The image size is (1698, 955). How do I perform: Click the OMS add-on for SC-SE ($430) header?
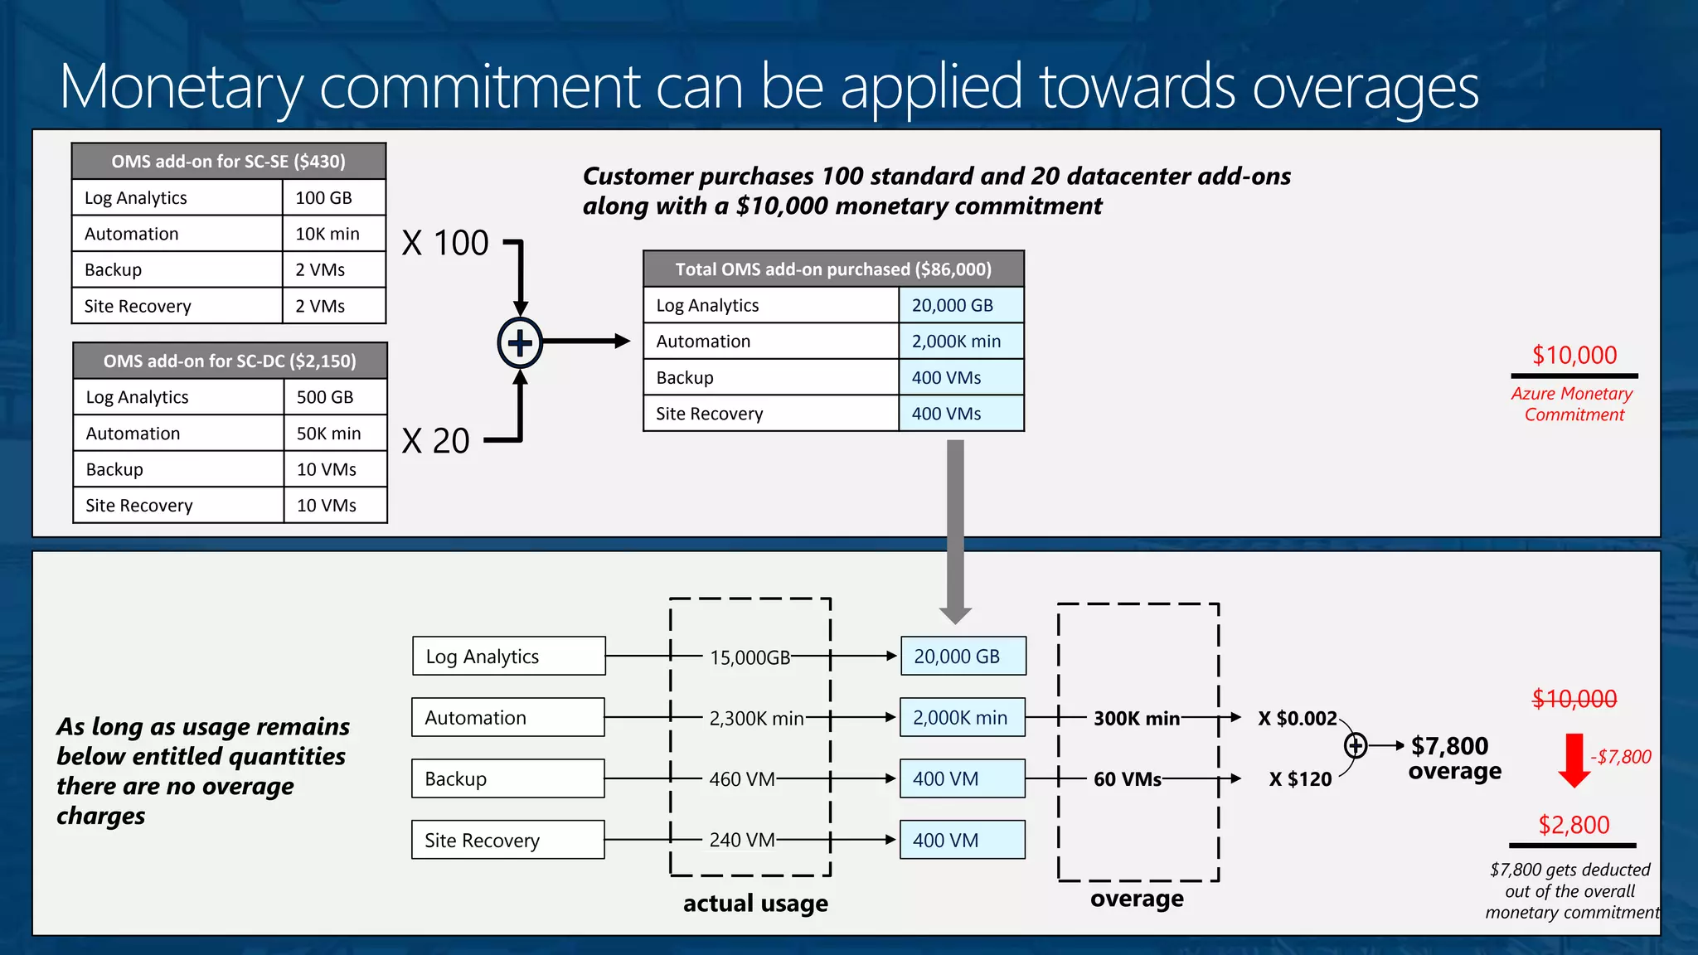[x=229, y=161]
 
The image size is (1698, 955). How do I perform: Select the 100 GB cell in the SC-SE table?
[x=324, y=197]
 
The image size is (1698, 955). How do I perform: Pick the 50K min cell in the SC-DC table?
[x=329, y=434]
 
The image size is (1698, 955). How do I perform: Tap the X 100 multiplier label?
[x=445, y=243]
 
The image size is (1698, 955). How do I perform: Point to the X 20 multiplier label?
[x=436, y=441]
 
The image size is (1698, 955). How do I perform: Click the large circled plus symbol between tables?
[x=520, y=342]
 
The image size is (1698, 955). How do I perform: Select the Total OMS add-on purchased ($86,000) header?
[x=833, y=269]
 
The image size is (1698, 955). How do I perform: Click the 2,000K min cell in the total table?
[x=957, y=341]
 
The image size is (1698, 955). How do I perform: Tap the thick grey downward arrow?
[x=955, y=531]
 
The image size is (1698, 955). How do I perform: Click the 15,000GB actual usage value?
[x=750, y=657]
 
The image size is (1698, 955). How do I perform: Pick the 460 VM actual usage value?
[x=742, y=779]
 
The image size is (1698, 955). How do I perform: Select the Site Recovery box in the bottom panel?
[x=508, y=840]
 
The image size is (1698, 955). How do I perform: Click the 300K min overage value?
[x=1137, y=718]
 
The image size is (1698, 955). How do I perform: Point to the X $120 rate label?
[x=1300, y=779]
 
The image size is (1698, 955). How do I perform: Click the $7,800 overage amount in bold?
[x=1450, y=746]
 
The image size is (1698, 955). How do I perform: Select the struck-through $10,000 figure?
[x=1574, y=699]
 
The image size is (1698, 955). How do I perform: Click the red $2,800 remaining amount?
[x=1574, y=825]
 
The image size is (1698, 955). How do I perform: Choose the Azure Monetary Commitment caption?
[x=1573, y=404]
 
